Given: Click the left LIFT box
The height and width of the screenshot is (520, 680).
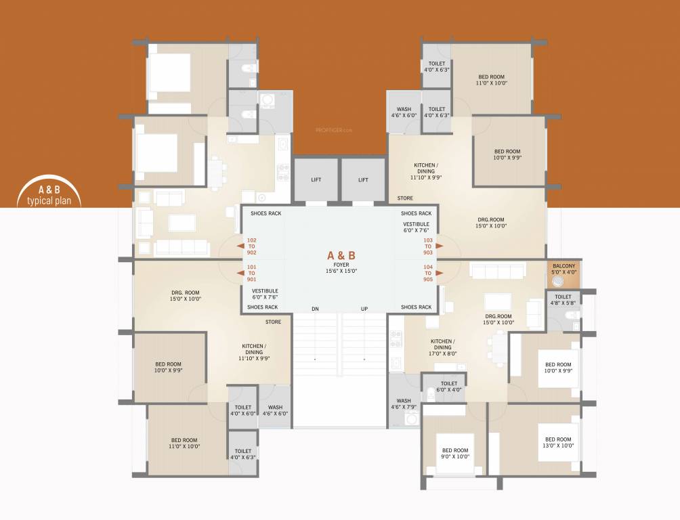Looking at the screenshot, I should (316, 180).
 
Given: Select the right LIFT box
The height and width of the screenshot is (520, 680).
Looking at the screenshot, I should (363, 180).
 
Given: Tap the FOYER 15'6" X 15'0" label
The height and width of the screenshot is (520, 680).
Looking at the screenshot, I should (341, 267).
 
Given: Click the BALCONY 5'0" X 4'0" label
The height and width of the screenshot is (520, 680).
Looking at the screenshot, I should (564, 269).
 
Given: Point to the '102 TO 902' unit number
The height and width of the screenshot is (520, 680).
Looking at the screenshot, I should (252, 246).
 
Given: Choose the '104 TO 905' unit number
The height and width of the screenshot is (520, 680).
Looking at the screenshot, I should (428, 274).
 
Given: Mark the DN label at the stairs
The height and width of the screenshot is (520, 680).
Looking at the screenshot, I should (315, 309).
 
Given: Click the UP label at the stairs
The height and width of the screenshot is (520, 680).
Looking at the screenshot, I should (364, 309).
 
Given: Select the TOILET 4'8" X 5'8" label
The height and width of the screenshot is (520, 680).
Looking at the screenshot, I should (564, 300).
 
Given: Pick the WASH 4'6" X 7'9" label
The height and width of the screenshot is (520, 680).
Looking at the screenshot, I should (404, 404).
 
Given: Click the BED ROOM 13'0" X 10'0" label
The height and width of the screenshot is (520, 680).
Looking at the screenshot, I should (559, 442).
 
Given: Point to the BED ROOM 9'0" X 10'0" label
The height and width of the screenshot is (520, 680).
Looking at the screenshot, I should (455, 454).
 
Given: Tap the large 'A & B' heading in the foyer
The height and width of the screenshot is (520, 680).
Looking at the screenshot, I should (341, 255).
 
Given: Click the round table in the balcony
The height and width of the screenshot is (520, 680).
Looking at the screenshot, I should (557, 278).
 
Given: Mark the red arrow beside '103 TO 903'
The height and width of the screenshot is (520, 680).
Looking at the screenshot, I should (440, 246).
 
